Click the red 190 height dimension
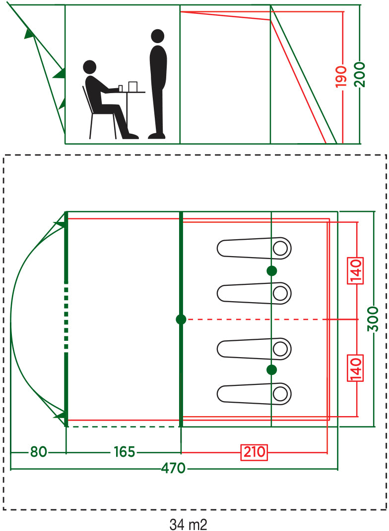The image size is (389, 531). pos(341,75)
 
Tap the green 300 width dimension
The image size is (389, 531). pos(374,319)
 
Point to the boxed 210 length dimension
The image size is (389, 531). pos(255,452)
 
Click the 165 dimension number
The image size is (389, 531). pos(124,452)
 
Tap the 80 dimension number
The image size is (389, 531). pos(38,452)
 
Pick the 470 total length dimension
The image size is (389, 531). pos(173,468)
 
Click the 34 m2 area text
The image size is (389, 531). pos(188,524)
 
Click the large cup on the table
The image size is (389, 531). pos(132,87)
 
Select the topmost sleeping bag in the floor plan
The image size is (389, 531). pos(254,248)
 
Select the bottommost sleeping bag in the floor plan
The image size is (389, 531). pos(254,394)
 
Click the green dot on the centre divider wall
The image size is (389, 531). pos(181,319)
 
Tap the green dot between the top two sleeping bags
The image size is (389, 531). pos(271,270)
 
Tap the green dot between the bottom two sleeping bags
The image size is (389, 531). pos(271,370)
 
